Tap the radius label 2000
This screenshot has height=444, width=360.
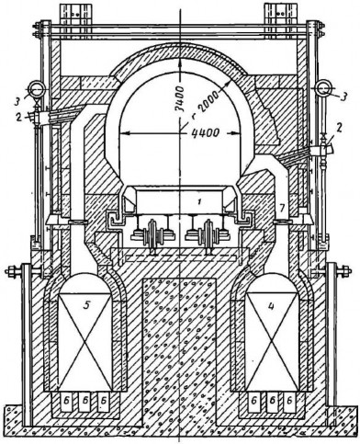click(x=208, y=100)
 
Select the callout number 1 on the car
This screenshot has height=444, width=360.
click(x=199, y=202)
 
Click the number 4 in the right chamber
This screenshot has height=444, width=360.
click(x=271, y=305)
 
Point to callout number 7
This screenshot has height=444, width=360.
click(x=282, y=208)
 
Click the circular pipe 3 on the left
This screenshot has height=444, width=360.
click(x=37, y=89)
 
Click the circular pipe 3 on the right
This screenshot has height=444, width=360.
click(x=323, y=88)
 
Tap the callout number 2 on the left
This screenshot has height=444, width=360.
click(x=20, y=117)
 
